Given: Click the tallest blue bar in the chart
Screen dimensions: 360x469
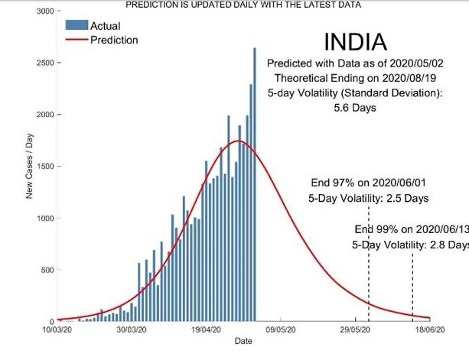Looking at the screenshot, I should tap(255, 183).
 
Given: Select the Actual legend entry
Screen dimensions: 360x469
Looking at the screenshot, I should tap(104, 27).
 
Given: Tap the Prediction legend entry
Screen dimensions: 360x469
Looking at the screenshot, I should tap(114, 40).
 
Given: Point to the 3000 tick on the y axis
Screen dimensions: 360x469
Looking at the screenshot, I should tap(44, 11).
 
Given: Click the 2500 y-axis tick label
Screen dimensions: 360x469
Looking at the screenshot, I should tap(44, 63).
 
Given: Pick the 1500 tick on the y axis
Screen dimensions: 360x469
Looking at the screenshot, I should tap(44, 167).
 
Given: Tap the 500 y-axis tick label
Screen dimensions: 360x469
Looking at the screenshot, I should tap(47, 271).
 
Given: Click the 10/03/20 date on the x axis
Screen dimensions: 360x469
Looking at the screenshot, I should tap(58, 330).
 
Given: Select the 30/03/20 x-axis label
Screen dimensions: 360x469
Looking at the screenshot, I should tap(132, 330).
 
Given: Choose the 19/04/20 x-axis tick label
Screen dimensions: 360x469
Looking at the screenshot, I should tap(207, 330).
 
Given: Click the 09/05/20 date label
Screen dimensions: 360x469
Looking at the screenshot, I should tap(281, 330).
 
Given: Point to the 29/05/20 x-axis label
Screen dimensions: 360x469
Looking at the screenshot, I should tap(355, 330).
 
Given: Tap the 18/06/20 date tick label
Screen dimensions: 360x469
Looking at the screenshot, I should tap(428, 330).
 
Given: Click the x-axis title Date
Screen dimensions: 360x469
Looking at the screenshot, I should tap(243, 341).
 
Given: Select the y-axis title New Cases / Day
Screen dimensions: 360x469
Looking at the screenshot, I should tap(29, 166).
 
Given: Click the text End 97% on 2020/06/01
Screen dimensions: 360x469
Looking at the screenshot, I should tap(367, 184).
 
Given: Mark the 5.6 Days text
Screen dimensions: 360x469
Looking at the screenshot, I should tap(355, 108).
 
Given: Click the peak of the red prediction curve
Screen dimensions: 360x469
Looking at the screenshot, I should tap(239, 141).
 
